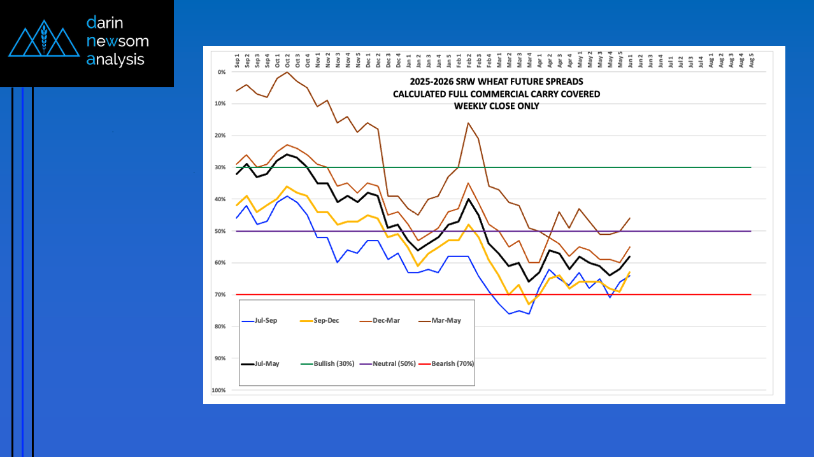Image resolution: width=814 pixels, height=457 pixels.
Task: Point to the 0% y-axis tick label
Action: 222,72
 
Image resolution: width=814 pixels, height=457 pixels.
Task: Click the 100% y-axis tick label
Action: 219,390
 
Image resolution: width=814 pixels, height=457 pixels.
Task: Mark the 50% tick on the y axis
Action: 220,231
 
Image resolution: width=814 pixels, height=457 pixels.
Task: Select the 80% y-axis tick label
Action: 220,327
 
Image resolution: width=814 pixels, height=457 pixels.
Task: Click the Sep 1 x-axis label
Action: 237,61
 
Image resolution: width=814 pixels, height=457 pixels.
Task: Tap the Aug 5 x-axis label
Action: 752,60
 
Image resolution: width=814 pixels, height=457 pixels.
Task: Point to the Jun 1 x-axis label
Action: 630,61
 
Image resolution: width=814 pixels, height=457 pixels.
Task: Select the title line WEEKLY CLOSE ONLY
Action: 496,106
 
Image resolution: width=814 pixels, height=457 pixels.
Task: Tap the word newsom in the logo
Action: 118,41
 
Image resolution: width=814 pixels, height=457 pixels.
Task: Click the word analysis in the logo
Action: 116,60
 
